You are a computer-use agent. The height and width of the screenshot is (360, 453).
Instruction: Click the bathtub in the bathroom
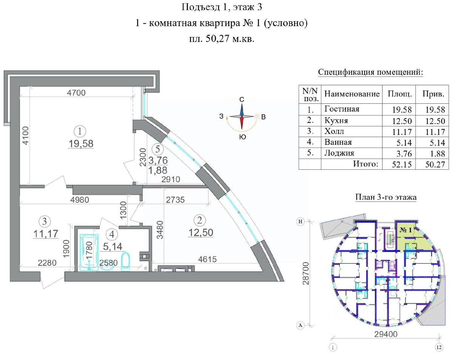pyautogui.click(x=89, y=252)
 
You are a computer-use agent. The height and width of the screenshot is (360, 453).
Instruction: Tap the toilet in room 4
pyautogui.click(x=126, y=262)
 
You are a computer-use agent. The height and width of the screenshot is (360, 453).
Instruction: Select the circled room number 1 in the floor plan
pyautogui.click(x=80, y=131)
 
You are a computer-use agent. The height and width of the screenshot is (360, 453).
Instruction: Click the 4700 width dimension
pyautogui.click(x=76, y=93)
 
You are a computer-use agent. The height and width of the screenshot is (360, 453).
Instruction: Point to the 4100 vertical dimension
pyautogui.click(x=25, y=135)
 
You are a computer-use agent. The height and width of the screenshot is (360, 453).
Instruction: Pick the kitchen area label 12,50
pyautogui.click(x=200, y=232)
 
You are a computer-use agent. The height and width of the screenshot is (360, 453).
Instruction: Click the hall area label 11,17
pyautogui.click(x=46, y=234)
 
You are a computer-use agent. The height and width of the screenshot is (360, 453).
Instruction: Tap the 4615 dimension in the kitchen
pyautogui.click(x=207, y=259)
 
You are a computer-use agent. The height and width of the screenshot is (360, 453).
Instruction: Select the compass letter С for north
pyautogui.click(x=242, y=100)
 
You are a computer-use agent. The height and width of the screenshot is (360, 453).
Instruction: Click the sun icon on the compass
pyautogui.click(x=257, y=116)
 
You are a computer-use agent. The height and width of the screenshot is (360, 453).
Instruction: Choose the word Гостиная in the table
pyautogui.click(x=342, y=109)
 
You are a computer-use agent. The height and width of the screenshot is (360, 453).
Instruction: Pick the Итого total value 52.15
pyautogui.click(x=402, y=164)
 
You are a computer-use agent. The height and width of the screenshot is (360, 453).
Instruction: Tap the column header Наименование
pyautogui.click(x=352, y=94)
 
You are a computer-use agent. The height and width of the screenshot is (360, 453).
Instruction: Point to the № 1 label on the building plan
pyautogui.click(x=405, y=230)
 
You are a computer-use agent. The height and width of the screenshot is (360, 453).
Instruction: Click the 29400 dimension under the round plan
pyautogui.click(x=386, y=334)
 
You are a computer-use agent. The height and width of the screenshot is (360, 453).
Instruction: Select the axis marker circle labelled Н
pyautogui.click(x=300, y=222)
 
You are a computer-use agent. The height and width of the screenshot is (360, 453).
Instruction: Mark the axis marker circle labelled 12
pyautogui.click(x=439, y=347)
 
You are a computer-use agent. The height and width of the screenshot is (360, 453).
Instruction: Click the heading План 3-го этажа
pyautogui.click(x=386, y=197)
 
